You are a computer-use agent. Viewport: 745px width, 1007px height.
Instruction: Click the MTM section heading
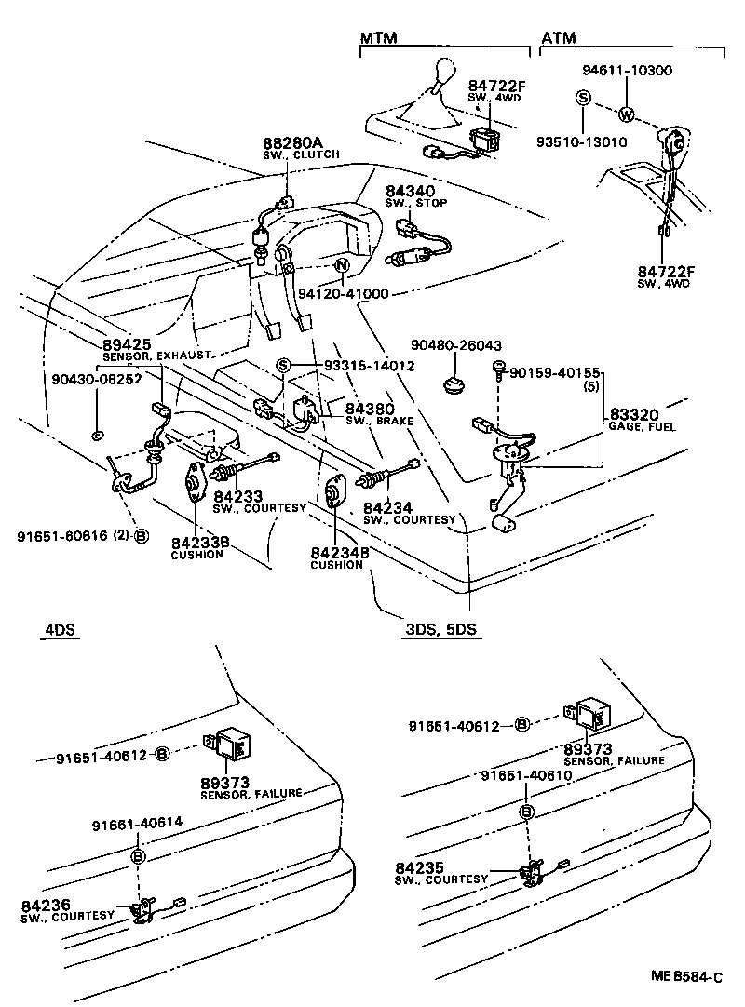click(378, 38)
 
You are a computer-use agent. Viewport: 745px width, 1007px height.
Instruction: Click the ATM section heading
click(558, 38)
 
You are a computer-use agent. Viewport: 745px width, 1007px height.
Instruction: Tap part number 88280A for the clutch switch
click(291, 142)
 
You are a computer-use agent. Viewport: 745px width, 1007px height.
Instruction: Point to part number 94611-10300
click(628, 71)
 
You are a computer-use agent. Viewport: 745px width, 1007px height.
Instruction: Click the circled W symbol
click(626, 115)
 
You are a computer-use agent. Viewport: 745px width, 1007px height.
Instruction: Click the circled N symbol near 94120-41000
click(342, 266)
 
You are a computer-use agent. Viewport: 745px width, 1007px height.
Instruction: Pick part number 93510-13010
click(581, 142)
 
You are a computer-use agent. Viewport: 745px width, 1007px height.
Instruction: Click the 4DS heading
click(60, 630)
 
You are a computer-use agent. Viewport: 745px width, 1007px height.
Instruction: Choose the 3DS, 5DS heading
click(440, 630)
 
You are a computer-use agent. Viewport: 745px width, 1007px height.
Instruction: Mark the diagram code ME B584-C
click(686, 976)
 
